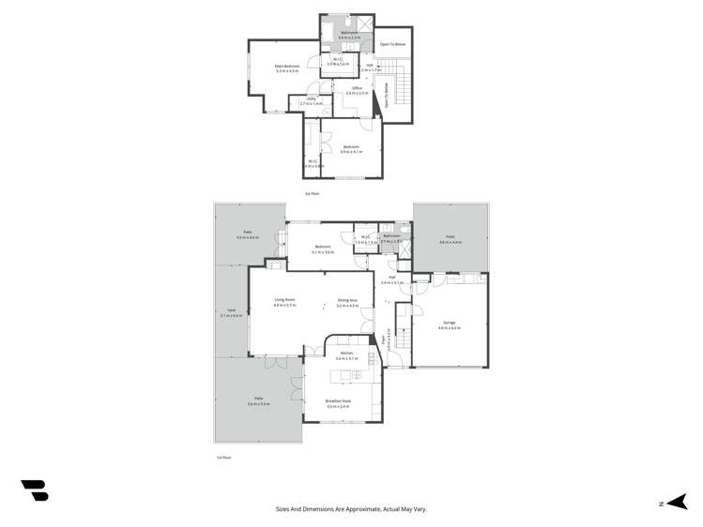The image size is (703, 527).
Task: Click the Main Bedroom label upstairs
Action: [x=287, y=66]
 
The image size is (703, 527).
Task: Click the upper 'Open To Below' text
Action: [x=392, y=44]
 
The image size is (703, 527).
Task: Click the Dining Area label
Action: [x=348, y=300]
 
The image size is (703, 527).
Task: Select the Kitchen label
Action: [x=347, y=354]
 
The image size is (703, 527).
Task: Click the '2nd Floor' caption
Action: [x=313, y=193]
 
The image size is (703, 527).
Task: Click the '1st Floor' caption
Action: [x=223, y=457]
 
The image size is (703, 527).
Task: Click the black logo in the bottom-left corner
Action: [x=35, y=490]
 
